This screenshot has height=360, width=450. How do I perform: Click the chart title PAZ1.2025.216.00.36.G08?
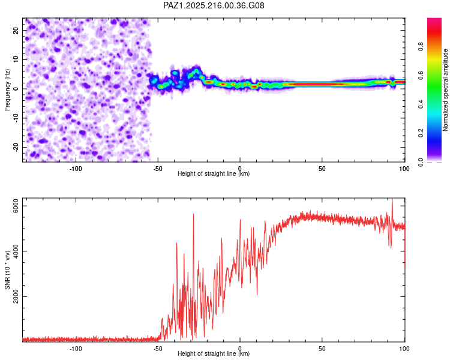[214, 5]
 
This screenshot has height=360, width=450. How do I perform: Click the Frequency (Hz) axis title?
[7, 90]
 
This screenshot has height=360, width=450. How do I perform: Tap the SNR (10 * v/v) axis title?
[7, 270]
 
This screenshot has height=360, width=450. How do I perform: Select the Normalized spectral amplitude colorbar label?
[445, 90]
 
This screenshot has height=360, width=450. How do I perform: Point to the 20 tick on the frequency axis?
[16, 30]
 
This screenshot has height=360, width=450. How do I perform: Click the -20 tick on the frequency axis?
[16, 147]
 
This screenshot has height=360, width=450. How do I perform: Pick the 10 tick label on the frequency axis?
[16, 59]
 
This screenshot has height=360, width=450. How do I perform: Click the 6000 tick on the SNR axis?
[16, 206]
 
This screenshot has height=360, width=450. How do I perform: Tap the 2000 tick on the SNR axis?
[16, 296]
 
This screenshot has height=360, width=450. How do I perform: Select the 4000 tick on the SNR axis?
[16, 251]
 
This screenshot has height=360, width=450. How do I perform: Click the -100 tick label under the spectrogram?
[76, 169]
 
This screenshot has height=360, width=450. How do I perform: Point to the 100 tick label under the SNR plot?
[404, 349]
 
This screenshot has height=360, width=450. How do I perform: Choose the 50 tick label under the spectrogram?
[322, 169]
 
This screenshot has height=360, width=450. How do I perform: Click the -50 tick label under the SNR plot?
[158, 349]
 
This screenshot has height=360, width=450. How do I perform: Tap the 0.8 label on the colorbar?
[421, 46]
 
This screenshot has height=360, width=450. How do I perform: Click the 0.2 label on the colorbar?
[421, 133]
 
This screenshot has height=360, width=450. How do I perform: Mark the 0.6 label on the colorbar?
[421, 75]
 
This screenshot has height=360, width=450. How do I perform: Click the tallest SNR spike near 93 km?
[392, 199]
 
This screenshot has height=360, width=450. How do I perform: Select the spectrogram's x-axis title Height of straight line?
[214, 173]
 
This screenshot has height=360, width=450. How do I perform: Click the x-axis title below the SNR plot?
[214, 353]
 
